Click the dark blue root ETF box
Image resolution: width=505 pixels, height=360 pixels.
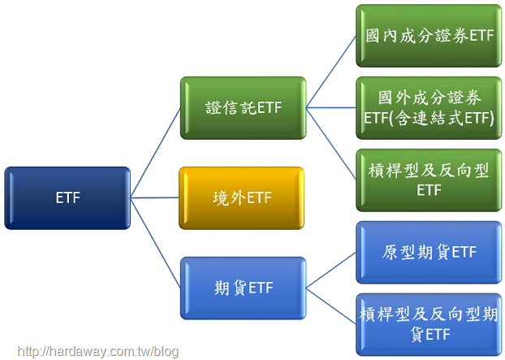(x=67, y=198)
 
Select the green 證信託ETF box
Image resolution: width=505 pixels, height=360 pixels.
(x=243, y=108)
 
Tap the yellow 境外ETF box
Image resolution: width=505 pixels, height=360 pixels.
(x=242, y=198)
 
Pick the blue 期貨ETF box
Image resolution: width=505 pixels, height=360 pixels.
(x=243, y=288)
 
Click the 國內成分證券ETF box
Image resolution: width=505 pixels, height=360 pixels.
(x=429, y=36)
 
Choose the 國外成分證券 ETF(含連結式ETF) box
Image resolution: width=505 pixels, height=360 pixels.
(x=429, y=108)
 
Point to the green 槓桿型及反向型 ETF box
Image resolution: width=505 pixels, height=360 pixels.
(x=429, y=180)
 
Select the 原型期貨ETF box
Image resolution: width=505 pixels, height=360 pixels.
(x=429, y=253)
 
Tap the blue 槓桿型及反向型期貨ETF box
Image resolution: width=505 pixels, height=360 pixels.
(x=429, y=324)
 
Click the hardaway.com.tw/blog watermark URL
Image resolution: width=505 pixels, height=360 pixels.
(x=98, y=351)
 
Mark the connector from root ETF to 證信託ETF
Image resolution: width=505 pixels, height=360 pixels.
(x=155, y=153)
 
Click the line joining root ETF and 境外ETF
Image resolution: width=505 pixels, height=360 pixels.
(x=154, y=197)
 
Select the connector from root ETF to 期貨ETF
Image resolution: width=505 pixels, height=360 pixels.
(x=155, y=243)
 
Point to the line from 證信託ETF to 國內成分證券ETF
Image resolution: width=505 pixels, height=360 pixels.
(x=331, y=72)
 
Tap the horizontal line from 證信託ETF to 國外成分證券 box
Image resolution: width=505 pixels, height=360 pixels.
(x=331, y=107)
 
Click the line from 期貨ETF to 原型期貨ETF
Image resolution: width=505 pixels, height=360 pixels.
(x=331, y=270)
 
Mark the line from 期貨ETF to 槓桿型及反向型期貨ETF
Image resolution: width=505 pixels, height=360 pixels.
(x=331, y=306)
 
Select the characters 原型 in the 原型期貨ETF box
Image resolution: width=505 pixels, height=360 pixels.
(x=399, y=252)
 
